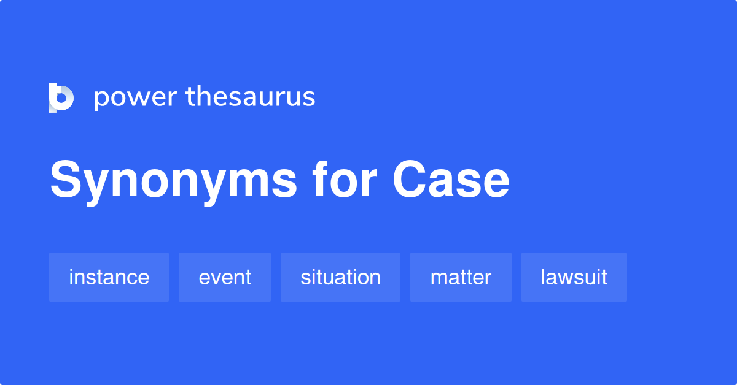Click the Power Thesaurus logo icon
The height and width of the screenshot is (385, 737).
tap(61, 98)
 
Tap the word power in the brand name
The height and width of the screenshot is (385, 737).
tap(136, 98)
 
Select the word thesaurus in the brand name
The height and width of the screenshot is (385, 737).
tap(251, 96)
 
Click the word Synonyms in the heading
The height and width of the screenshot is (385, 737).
tap(174, 181)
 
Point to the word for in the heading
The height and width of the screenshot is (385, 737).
tap(345, 179)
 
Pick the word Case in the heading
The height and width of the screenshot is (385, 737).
tap(451, 180)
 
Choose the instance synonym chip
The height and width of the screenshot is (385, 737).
tap(109, 277)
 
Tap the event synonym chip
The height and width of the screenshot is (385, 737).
tap(225, 277)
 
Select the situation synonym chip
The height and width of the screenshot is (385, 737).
tap(340, 277)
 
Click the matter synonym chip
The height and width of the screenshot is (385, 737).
tap(461, 277)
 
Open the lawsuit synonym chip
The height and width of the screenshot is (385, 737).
tap(574, 277)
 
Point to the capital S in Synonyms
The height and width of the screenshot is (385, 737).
tap(66, 180)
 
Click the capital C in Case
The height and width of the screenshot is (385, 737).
tap(410, 180)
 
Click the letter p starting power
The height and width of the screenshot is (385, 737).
tap(102, 101)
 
